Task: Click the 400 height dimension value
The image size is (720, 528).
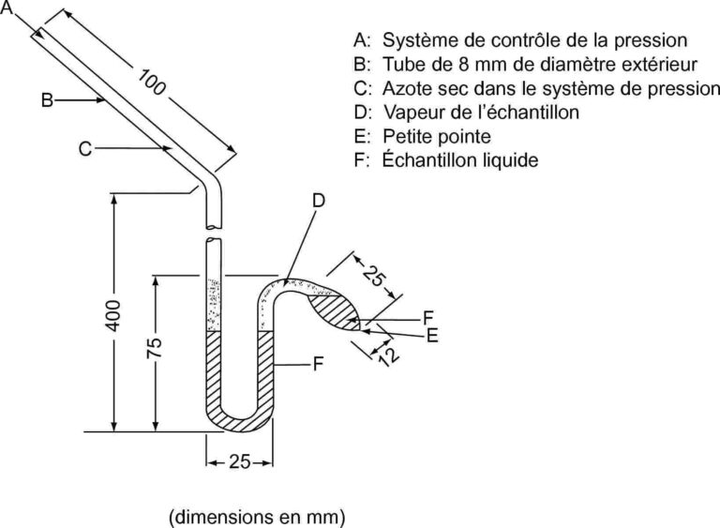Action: [x=112, y=319]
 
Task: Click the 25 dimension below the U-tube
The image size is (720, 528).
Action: [x=239, y=462]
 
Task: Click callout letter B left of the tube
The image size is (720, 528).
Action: [x=47, y=99]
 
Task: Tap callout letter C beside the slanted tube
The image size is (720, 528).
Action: [x=84, y=147]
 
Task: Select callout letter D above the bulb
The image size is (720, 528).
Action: [x=318, y=200]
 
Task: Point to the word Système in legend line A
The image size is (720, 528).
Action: [x=415, y=41]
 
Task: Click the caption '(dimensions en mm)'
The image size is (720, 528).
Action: [x=257, y=515]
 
